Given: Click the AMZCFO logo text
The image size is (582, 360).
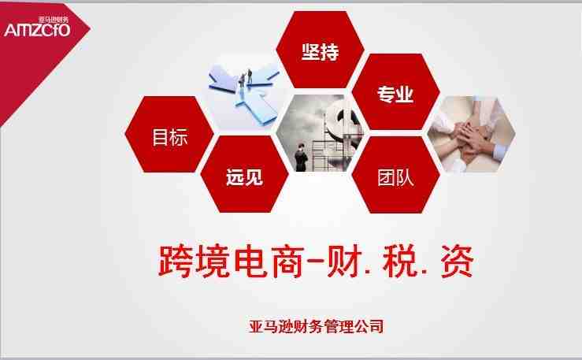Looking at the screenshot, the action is pyautogui.click(x=37, y=30).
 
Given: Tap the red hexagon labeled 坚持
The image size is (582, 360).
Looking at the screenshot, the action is pyautogui.click(x=320, y=50).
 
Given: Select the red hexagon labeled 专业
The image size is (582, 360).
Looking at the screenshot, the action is pyautogui.click(x=395, y=91).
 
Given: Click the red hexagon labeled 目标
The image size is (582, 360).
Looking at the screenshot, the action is pyautogui.click(x=169, y=135).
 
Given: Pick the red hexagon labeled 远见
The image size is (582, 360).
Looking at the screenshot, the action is pyautogui.click(x=245, y=174).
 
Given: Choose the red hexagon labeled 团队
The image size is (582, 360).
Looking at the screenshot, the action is pyautogui.click(x=395, y=175).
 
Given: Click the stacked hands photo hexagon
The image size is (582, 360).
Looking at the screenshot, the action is pyautogui.click(x=472, y=135).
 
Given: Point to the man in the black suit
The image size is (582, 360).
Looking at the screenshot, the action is pyautogui.click(x=301, y=157).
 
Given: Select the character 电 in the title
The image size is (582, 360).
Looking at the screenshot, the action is pyautogui.click(x=251, y=261).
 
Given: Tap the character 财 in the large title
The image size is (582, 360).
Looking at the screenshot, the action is pyautogui.click(x=345, y=261).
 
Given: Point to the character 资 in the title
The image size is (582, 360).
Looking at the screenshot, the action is pyautogui.click(x=457, y=261).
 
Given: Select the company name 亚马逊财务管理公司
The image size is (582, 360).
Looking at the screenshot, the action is pyautogui.click(x=317, y=326).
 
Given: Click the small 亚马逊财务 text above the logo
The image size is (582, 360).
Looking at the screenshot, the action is pyautogui.click(x=54, y=19).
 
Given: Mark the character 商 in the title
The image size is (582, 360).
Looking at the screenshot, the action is pyautogui.click(x=288, y=261).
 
